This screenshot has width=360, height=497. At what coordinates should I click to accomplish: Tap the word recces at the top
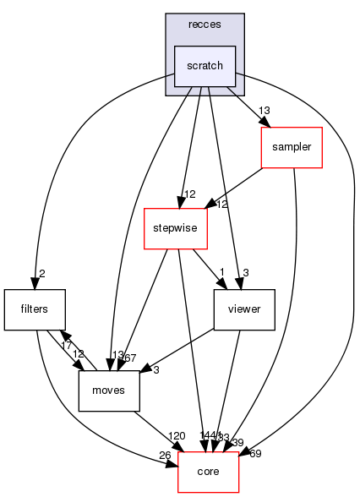pos(205,25)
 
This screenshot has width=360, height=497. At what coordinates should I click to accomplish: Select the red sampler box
pos(292,146)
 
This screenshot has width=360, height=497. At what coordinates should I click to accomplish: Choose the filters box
pos(35,309)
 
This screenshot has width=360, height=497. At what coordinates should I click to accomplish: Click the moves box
pos(109,390)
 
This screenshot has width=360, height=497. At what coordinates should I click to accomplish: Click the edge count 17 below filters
pos(66,344)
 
